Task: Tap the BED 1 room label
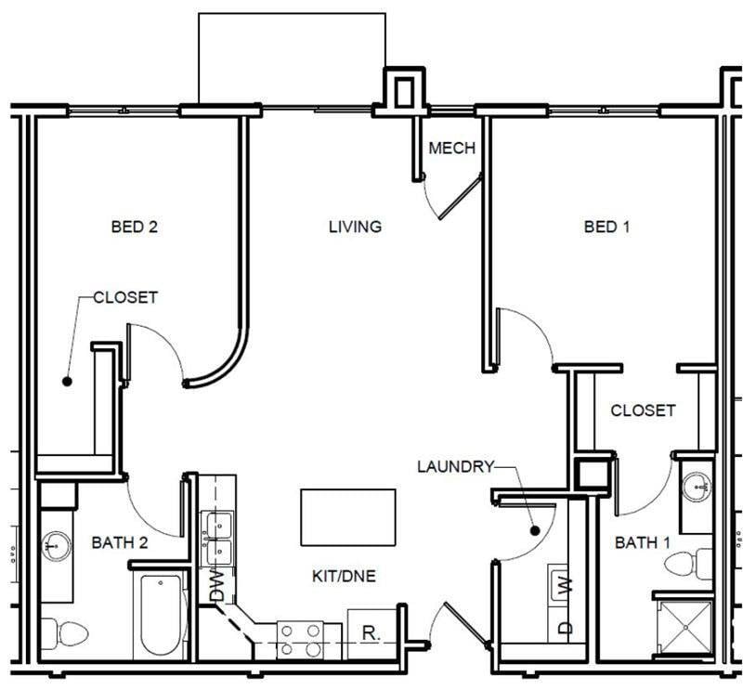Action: coord(606,226)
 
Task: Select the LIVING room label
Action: coord(355,226)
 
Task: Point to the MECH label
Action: coord(451,149)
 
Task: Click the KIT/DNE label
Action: coord(344,576)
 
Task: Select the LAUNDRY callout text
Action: coord(454,466)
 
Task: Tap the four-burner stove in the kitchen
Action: coord(302,639)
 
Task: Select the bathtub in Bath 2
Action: coord(161,615)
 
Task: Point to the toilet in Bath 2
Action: coord(68,635)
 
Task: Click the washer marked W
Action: coord(564,586)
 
